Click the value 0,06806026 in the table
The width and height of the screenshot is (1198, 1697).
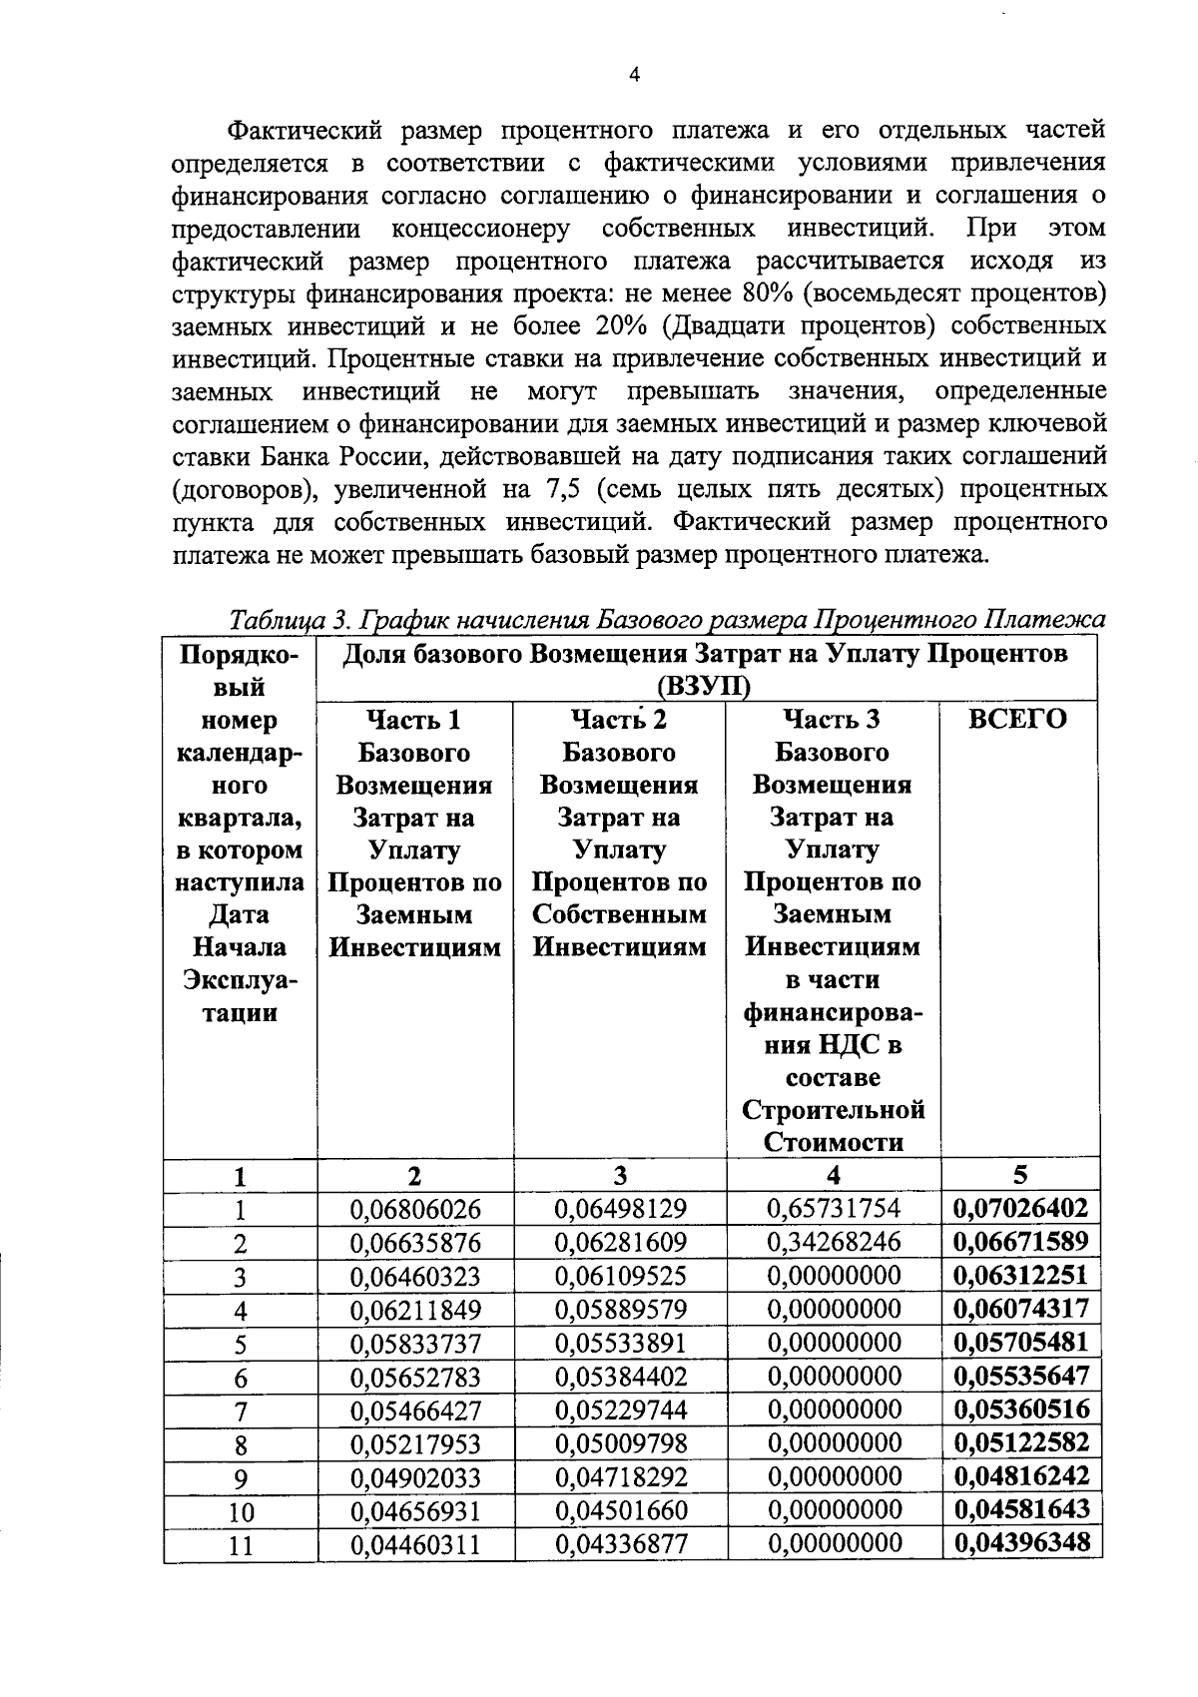click(x=415, y=1209)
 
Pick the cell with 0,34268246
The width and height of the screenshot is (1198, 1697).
click(x=834, y=1242)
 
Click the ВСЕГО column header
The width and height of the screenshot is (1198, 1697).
click(x=1017, y=719)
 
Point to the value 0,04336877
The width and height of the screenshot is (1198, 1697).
click(x=620, y=1544)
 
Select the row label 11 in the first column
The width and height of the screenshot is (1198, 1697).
click(x=240, y=1545)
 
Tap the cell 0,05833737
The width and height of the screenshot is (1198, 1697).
click(x=415, y=1344)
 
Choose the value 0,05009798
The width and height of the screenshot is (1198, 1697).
click(x=620, y=1443)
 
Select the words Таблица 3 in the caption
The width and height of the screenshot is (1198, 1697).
click(x=287, y=620)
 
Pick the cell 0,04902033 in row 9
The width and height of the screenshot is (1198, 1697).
click(x=415, y=1477)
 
